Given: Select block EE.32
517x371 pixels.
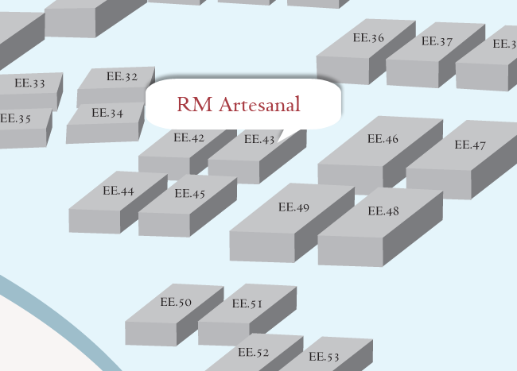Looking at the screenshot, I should pyautogui.click(x=121, y=78).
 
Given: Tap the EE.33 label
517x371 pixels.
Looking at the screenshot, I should pyautogui.click(x=29, y=83).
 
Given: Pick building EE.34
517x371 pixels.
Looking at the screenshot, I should pyautogui.click(x=107, y=114).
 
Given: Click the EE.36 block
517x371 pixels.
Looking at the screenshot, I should pyautogui.click(x=367, y=39).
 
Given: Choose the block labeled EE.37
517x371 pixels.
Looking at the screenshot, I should pyautogui.click(x=437, y=42).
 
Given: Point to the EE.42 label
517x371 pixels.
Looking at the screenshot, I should pyautogui.click(x=189, y=138).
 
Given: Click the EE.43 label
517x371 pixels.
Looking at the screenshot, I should pyautogui.click(x=259, y=140).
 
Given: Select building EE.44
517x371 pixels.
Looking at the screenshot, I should pyautogui.click(x=119, y=191).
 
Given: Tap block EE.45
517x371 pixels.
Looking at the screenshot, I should pyautogui.click(x=189, y=194).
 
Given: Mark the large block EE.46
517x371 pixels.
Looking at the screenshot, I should pyautogui.click(x=383, y=140).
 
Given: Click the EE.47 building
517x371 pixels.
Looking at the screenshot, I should pyautogui.click(x=470, y=145).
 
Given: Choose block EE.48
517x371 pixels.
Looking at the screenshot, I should pyautogui.click(x=383, y=212).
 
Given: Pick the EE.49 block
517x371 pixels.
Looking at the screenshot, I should pyautogui.click(x=293, y=208).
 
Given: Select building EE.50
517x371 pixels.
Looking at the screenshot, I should pyautogui.click(x=176, y=303).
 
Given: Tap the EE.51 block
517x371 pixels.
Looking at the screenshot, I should pyautogui.click(x=247, y=304).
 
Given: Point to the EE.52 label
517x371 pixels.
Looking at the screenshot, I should pyautogui.click(x=254, y=353).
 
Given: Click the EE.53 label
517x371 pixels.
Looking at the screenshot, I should pyautogui.click(x=324, y=357).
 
